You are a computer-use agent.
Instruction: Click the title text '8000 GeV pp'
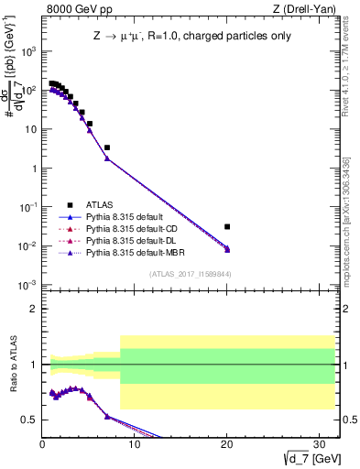(x=74, y=10)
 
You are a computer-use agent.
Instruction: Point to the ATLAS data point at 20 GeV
(x=227, y=226)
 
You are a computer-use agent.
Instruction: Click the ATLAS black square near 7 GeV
(x=107, y=147)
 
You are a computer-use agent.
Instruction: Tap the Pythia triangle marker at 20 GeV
(x=227, y=249)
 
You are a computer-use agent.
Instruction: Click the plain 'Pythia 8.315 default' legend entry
(x=123, y=217)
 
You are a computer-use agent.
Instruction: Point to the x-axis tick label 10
(x=135, y=444)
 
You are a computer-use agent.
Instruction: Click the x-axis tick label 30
(x=319, y=444)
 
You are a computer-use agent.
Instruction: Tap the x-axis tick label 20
(x=226, y=444)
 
